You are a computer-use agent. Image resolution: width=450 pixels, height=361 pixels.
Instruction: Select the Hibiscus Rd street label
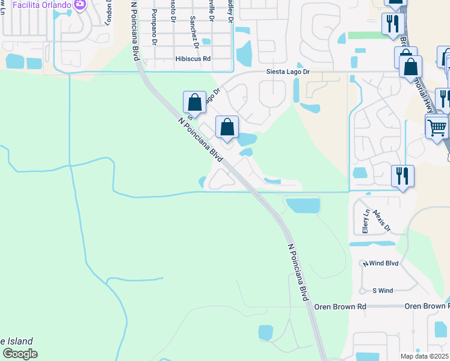(193, 59)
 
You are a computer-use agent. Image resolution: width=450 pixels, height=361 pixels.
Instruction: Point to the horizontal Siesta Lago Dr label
(288, 72)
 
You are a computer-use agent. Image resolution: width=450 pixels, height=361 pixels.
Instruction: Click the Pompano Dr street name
(155, 27)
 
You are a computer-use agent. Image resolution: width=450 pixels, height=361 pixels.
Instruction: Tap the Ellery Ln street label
(365, 221)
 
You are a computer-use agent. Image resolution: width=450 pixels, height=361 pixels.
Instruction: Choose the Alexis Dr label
(381, 221)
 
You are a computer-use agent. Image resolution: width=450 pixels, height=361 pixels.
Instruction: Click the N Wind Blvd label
(380, 264)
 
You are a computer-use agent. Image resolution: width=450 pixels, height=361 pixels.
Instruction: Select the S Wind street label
(383, 291)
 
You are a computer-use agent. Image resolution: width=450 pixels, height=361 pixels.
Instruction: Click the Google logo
(20, 354)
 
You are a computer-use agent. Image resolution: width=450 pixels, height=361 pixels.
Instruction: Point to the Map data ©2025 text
(424, 356)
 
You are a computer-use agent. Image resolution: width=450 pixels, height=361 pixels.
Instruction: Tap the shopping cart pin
(437, 127)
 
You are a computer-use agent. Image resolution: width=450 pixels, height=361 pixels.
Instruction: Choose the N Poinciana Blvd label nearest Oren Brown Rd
(298, 273)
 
